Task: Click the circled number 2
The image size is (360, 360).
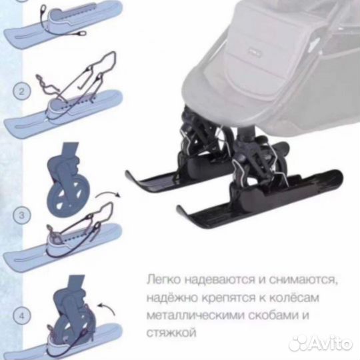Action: [x=21, y=91]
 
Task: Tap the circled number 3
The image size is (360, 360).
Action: [x=21, y=215]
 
